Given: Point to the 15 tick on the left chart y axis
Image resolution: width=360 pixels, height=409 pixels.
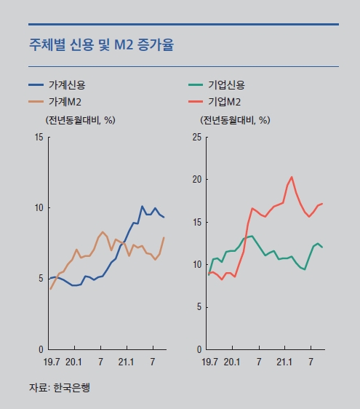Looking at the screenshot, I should tap(38, 137).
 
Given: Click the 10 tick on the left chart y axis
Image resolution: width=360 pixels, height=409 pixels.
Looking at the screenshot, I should tap(38, 207).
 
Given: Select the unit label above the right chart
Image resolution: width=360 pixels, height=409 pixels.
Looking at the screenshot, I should tap(236, 119).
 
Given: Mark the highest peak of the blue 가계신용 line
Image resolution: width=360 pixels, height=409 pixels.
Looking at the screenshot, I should tap(143, 206).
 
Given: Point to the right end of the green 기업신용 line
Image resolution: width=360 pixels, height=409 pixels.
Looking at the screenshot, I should tap(322, 247).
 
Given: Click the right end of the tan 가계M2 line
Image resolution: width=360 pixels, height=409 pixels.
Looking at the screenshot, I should tap(164, 237).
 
